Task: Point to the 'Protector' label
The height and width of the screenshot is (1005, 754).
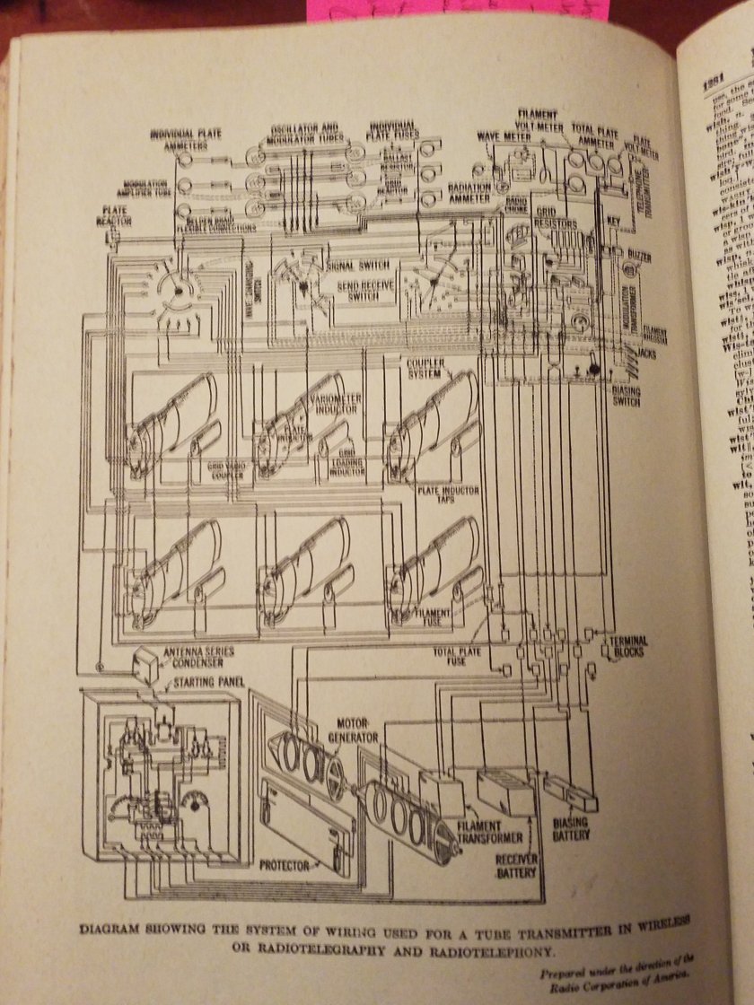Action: pyautogui.click(x=285, y=865)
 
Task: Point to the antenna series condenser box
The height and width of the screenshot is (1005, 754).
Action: pyautogui.click(x=144, y=665)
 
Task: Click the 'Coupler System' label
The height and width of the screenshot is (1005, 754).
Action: pyautogui.click(x=426, y=369)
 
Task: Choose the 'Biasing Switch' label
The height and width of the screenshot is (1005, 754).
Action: pyautogui.click(x=626, y=396)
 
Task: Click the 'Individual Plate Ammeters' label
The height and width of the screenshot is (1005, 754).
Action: pyautogui.click(x=185, y=139)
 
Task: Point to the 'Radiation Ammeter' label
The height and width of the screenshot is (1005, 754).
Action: pyautogui.click(x=469, y=193)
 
